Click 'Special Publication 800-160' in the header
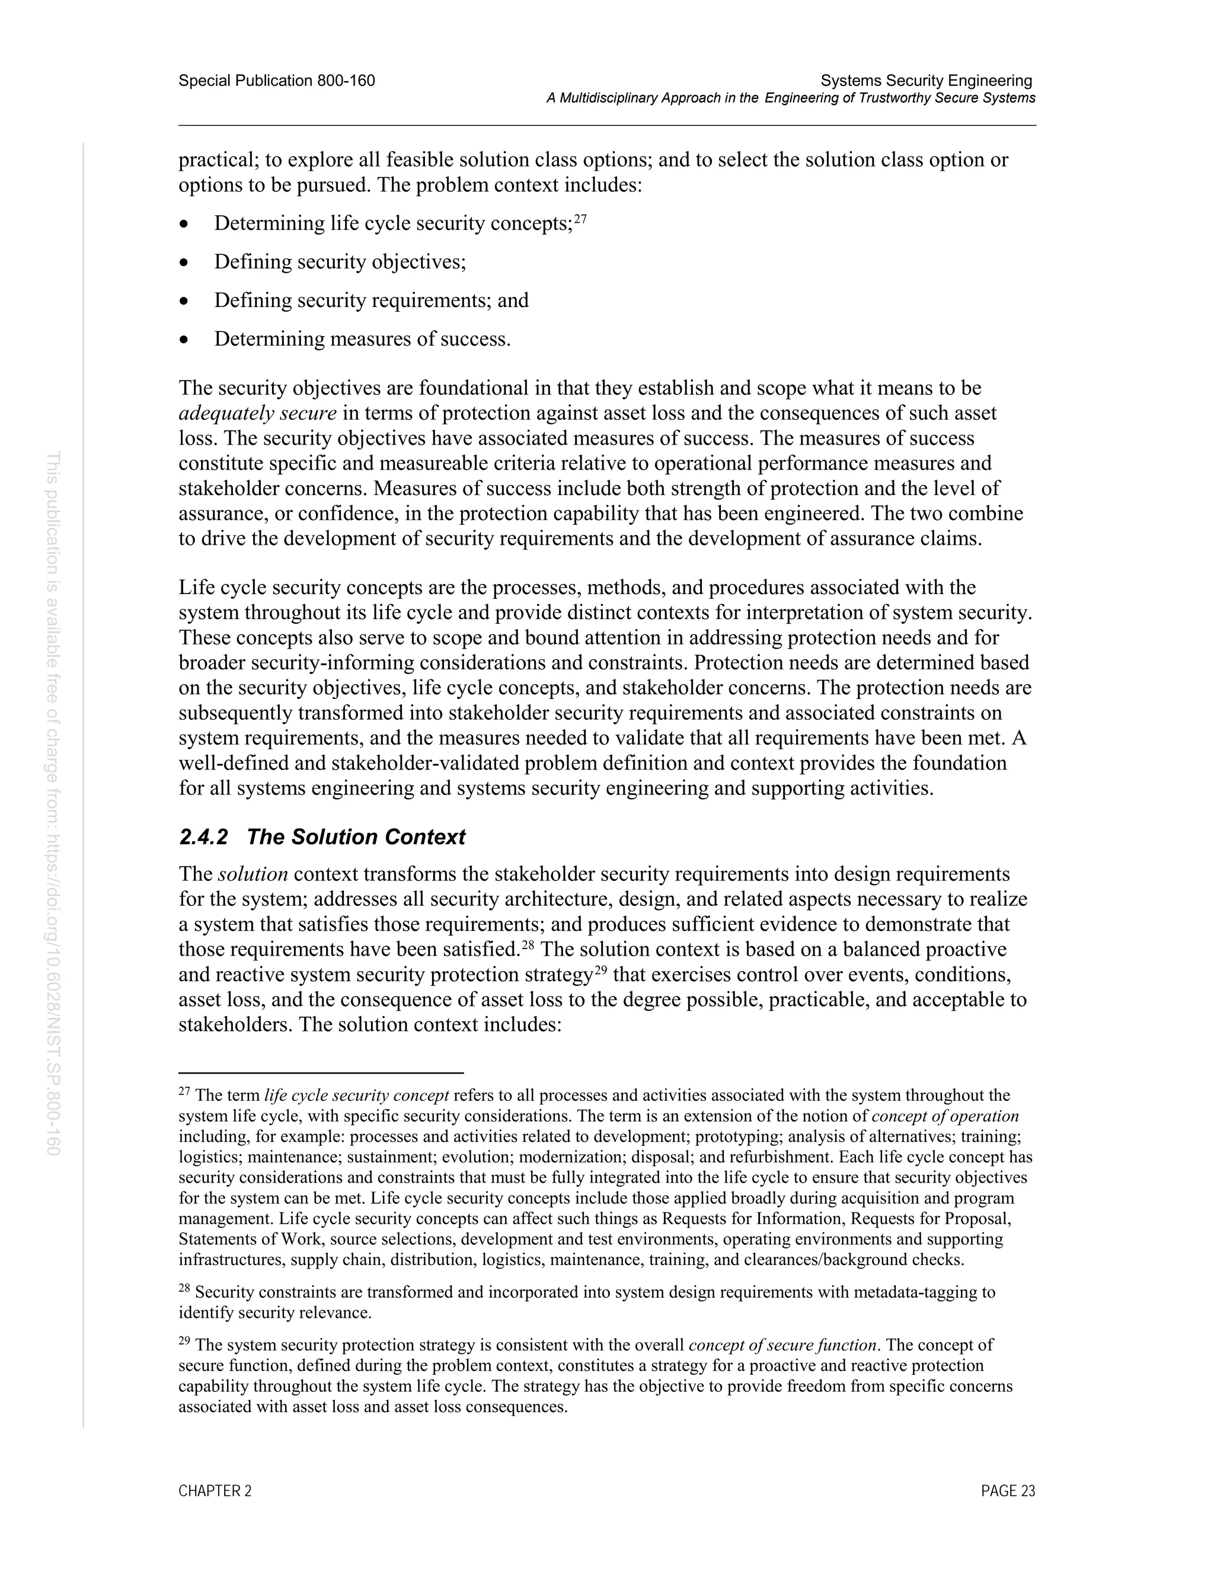tap(277, 81)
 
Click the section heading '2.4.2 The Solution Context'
tap(322, 836)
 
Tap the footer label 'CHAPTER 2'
tap(215, 1491)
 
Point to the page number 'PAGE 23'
tap(1008, 1491)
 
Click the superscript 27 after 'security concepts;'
tap(580, 219)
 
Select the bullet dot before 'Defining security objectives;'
tap(185, 263)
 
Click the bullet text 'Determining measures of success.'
tap(362, 339)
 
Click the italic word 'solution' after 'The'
tap(253, 874)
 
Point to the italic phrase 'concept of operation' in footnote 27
tap(945, 1116)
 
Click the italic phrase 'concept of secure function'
tap(782, 1345)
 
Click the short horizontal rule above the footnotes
tap(321, 1072)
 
